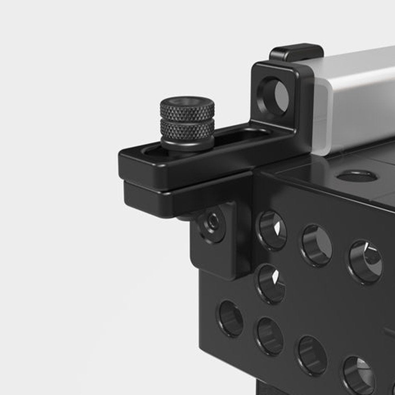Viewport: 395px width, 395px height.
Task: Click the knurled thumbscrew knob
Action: (x=187, y=118)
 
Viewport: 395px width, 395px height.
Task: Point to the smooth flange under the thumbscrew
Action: (x=188, y=143)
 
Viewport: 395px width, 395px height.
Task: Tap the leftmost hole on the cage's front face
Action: (x=231, y=318)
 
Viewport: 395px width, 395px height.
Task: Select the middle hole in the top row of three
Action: (x=317, y=245)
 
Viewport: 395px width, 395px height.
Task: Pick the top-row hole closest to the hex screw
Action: (x=273, y=230)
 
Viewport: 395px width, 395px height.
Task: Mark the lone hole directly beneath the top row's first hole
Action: (x=272, y=284)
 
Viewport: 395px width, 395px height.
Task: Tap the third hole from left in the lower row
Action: (x=312, y=355)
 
